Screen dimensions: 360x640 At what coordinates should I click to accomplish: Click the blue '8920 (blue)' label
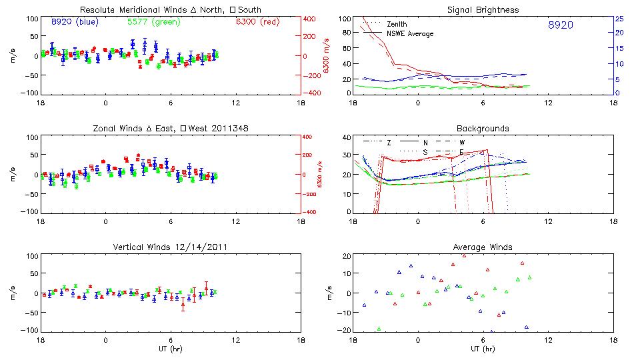[75, 22]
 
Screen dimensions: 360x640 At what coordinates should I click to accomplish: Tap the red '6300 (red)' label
[257, 22]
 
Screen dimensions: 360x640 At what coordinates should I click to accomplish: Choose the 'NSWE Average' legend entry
[410, 33]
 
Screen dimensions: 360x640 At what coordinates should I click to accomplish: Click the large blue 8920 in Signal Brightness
[561, 25]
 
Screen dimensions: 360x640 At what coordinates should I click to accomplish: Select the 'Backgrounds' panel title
[483, 128]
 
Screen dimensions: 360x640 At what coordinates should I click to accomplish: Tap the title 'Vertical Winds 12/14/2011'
[171, 247]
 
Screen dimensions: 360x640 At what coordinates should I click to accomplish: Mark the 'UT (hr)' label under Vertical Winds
[171, 349]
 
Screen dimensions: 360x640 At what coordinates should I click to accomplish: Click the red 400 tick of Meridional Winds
[309, 19]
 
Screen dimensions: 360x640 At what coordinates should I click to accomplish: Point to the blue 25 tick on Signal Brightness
[619, 19]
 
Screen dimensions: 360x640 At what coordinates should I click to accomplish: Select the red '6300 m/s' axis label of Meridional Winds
[326, 56]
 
